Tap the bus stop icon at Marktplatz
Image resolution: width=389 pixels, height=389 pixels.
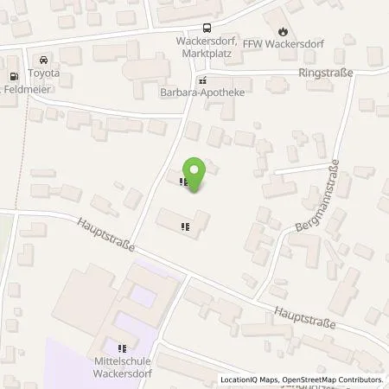point(207,29)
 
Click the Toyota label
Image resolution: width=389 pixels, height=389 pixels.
point(44,73)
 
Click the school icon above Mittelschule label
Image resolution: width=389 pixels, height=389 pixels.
point(123,348)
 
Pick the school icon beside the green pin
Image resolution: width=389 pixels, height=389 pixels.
point(182,182)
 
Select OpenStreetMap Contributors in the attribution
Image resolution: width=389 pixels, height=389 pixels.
point(333,379)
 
